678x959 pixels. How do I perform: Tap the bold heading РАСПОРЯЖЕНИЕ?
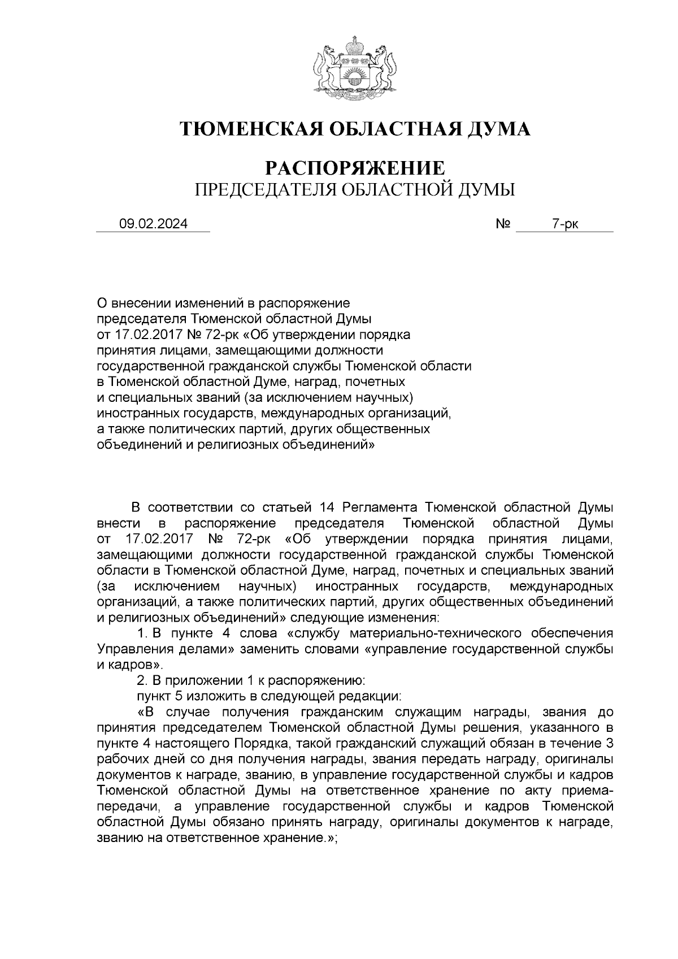pyautogui.click(x=355, y=168)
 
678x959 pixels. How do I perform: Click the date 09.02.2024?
pyautogui.click(x=154, y=224)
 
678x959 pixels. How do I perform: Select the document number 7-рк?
pyautogui.click(x=565, y=224)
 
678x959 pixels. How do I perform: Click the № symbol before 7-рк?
pyautogui.click(x=503, y=224)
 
